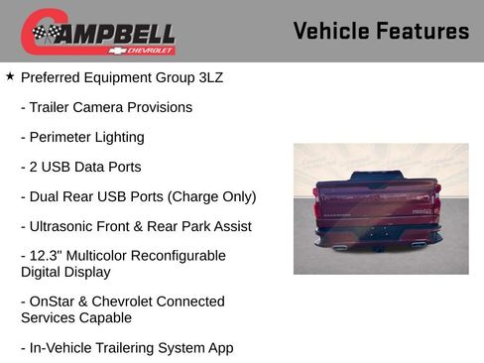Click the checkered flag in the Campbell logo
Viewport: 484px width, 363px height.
[x=44, y=34]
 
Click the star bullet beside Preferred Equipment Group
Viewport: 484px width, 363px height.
[x=10, y=75]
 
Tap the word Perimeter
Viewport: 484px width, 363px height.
[x=63, y=137]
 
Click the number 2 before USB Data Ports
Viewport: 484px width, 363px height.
[x=35, y=167]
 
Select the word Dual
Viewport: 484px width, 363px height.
[x=48, y=196]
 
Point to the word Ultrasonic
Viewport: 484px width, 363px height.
[x=65, y=226]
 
